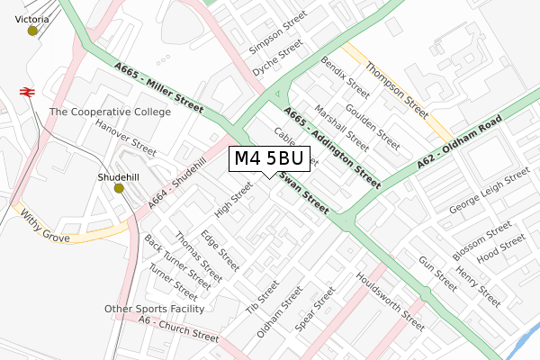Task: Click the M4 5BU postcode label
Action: click(270, 159)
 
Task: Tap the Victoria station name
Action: click(32, 17)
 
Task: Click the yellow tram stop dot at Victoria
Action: click(33, 31)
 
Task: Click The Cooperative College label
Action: click(110, 112)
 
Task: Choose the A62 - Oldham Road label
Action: click(459, 142)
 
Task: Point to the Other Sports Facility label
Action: click(155, 309)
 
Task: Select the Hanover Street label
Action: click(126, 136)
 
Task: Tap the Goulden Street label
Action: click(372, 127)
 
